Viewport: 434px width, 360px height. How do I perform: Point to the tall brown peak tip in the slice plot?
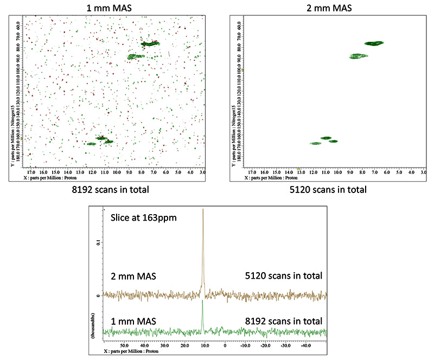pyautogui.click(x=203, y=209)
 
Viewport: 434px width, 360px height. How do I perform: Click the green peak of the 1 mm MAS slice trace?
pyautogui.click(x=202, y=301)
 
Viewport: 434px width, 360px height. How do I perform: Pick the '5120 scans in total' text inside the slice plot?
pyautogui.click(x=282, y=276)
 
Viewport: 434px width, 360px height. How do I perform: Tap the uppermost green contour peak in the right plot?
pyautogui.click(x=374, y=43)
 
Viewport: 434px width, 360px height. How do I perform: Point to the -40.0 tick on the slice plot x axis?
pyautogui.click(x=306, y=344)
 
